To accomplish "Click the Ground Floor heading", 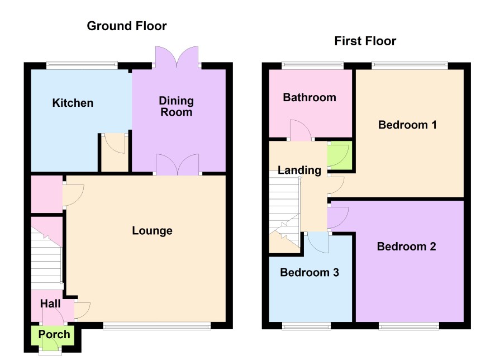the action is coord(127,26).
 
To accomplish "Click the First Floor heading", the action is coord(365,41).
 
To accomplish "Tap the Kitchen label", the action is coord(73,103).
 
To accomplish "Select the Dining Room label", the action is coord(176,106).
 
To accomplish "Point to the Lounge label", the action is coord(152,231).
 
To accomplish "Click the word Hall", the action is coord(50,304).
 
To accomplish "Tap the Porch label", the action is coord(54,334).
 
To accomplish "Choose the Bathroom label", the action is coord(310,97).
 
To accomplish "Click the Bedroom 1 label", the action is coord(407,125).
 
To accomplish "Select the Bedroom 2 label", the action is coord(406,247).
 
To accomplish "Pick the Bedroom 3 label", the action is coord(310,272).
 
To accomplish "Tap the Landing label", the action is coord(299,170).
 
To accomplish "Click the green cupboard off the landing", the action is coord(340,155).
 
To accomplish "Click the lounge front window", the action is coord(157,326).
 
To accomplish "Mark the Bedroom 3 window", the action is coord(306,326).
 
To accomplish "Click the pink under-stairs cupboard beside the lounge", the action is coord(47,194).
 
